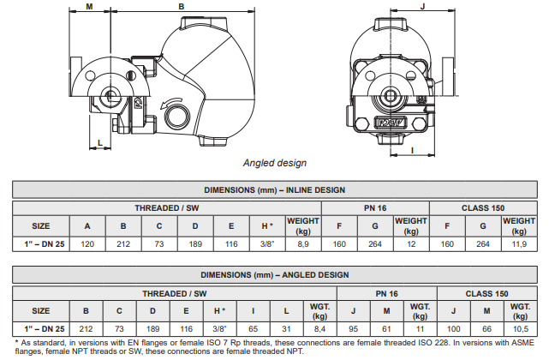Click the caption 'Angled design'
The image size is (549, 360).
[x=275, y=162]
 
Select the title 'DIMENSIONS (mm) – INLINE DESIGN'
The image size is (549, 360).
[x=274, y=190]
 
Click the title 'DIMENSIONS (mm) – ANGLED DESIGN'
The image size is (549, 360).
[x=274, y=275]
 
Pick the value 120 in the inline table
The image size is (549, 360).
[x=87, y=244]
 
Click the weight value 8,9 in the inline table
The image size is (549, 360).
[x=302, y=244]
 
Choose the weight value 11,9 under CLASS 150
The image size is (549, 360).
[x=519, y=244]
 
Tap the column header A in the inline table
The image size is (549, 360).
[x=87, y=225]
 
